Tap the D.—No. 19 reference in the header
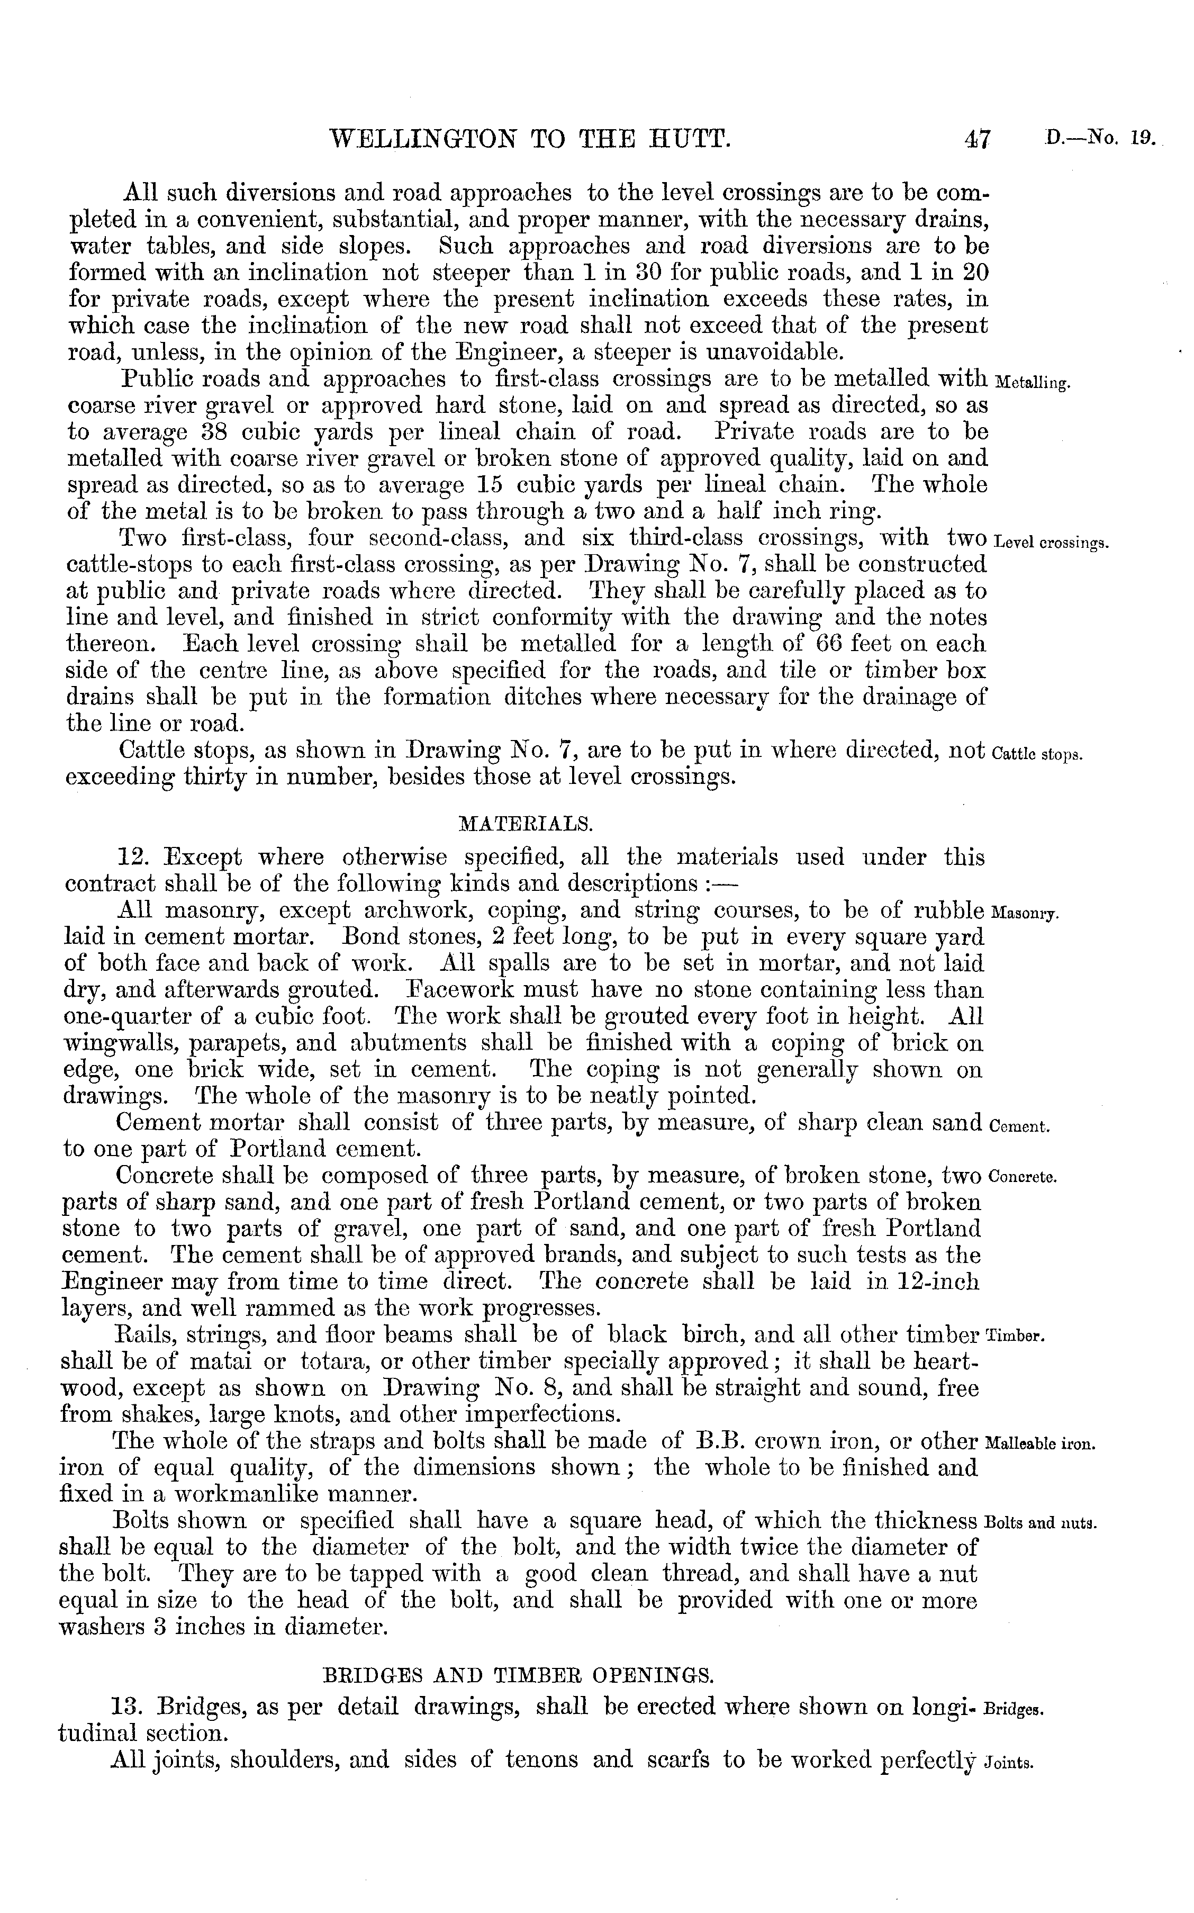click(1100, 139)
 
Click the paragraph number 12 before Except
click(131, 858)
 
